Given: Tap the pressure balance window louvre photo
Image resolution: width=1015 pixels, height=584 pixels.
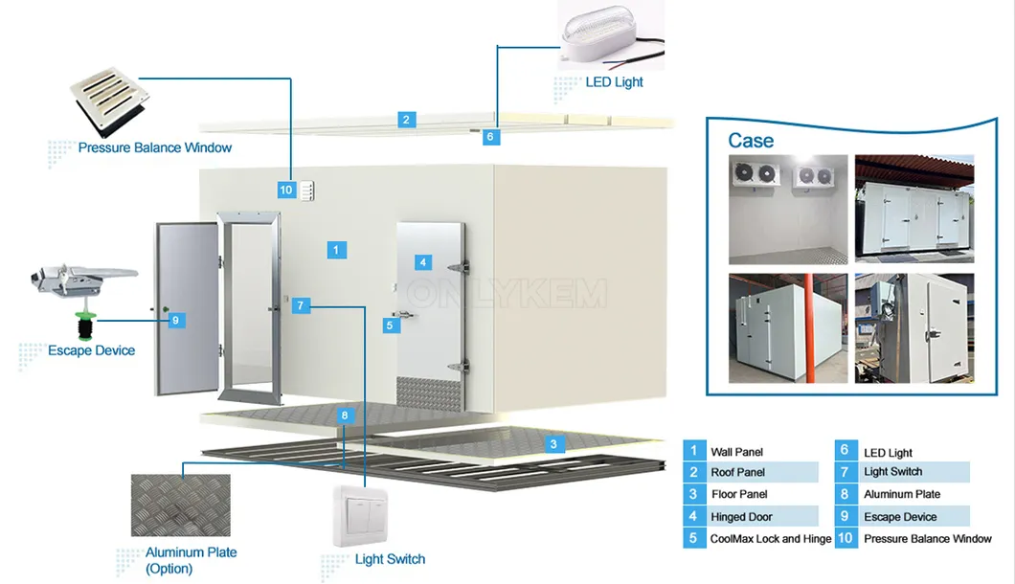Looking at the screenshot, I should click(x=107, y=101).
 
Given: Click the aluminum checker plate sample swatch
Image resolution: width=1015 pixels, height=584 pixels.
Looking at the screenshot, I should click(x=180, y=505).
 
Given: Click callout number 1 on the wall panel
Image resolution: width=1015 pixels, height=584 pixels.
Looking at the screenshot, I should click(x=336, y=250).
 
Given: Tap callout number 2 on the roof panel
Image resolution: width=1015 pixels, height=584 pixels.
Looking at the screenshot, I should click(x=407, y=120).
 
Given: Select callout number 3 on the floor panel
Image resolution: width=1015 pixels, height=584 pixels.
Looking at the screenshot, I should click(x=553, y=444).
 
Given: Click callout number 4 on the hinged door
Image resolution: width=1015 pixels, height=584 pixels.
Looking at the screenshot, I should click(x=423, y=261).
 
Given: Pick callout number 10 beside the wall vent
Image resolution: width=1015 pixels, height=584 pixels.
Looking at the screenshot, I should click(x=286, y=191).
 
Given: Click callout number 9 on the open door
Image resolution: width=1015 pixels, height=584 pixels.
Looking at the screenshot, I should click(x=176, y=320).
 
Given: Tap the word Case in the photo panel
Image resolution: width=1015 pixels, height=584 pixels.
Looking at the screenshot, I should click(x=751, y=141).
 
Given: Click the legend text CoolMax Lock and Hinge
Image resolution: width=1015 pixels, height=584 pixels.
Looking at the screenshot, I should click(x=771, y=539).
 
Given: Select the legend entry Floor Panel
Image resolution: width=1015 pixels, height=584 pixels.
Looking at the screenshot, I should click(x=738, y=494).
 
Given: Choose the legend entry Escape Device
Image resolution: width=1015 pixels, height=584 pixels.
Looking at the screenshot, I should click(x=900, y=517).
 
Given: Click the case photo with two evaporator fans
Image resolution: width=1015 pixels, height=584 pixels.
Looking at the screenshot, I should click(x=788, y=210).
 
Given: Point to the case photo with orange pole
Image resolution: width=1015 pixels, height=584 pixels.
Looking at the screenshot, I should click(x=788, y=328).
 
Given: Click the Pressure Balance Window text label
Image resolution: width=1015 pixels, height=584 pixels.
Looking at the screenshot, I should click(x=155, y=148).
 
